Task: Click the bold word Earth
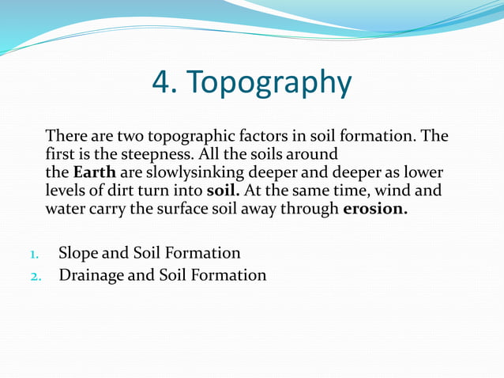pos(94,173)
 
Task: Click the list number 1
pos(34,255)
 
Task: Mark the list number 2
pos(35,276)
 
